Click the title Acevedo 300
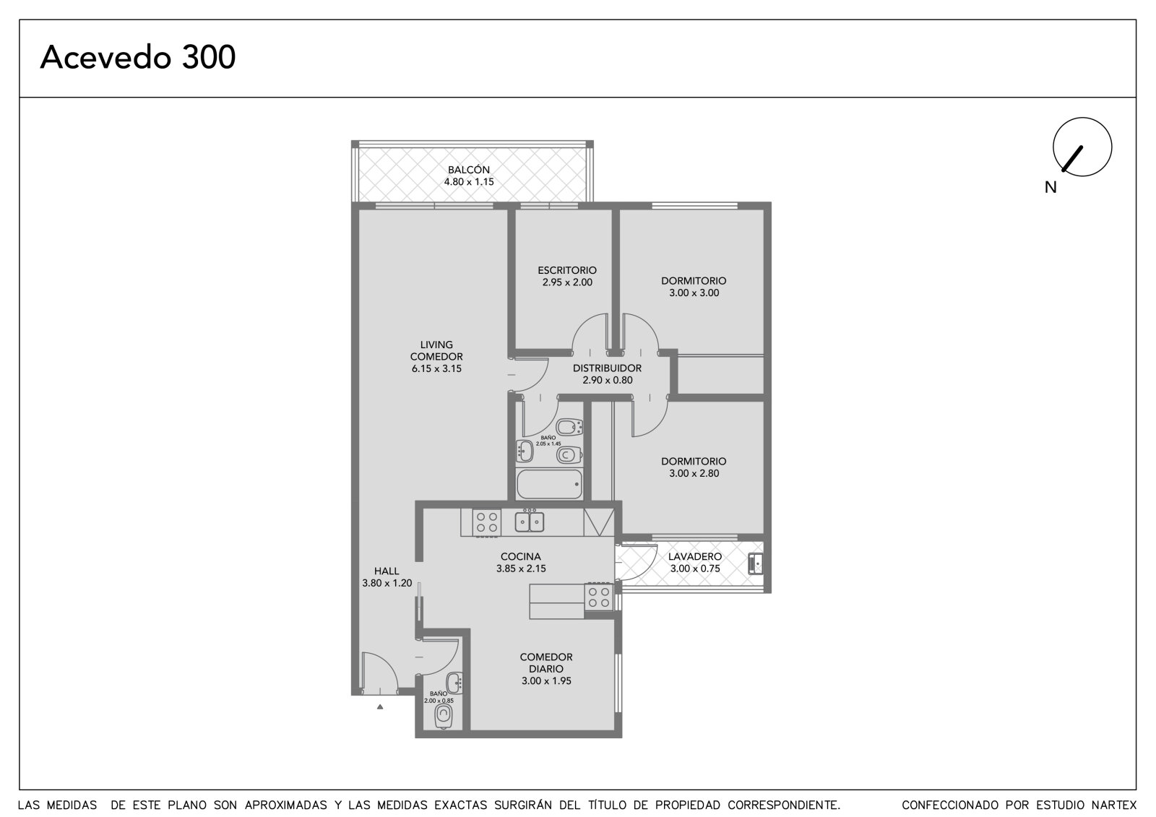point(138,57)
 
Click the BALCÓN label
point(469,170)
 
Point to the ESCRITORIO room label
point(567,270)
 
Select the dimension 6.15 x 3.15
point(436,368)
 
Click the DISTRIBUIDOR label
point(608,368)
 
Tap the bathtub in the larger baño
point(550,484)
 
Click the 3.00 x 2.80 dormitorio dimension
point(694,473)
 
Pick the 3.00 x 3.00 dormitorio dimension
point(694,293)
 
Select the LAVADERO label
point(695,556)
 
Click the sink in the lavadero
point(756,563)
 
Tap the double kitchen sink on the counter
point(530,522)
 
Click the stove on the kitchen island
point(599,597)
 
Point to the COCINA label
point(521,556)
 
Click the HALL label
point(387,571)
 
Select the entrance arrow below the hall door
point(380,706)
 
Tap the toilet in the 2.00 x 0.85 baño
point(444,717)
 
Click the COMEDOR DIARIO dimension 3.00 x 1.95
point(546,680)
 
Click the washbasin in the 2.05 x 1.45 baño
point(525,451)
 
